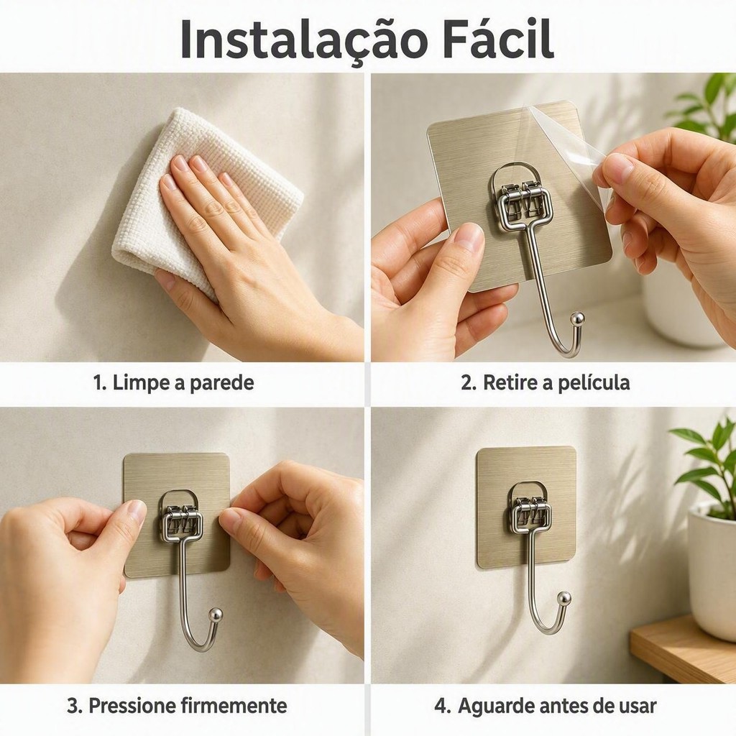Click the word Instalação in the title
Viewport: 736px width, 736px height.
pyautogui.click(x=304, y=40)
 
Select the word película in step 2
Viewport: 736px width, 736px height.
pyautogui.click(x=594, y=382)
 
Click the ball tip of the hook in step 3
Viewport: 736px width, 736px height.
pyautogui.click(x=216, y=614)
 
